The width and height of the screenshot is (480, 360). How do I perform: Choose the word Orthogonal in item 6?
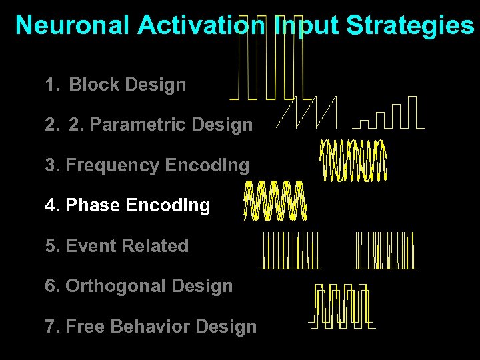(106, 286)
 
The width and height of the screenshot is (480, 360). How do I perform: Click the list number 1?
(51, 85)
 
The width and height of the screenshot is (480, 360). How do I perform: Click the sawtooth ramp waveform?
(307, 111)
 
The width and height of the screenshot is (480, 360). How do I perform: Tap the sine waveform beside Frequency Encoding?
(354, 161)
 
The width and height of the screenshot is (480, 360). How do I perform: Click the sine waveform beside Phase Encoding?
(275, 200)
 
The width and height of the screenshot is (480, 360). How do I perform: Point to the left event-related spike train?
(290, 250)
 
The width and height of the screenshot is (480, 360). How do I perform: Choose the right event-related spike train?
(385, 250)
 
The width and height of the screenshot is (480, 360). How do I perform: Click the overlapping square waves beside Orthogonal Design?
(342, 307)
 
